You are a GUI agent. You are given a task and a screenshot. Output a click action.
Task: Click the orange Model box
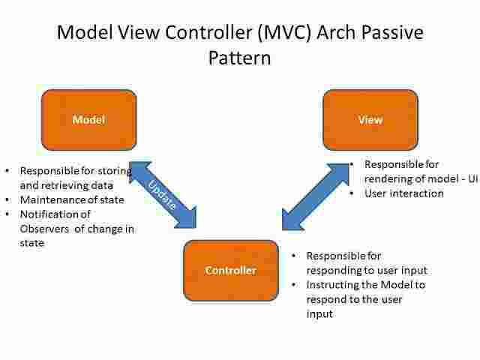tap(88, 119)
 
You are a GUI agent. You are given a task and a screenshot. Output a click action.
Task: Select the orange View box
tap(370, 119)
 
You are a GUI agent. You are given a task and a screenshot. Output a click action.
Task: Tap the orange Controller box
tap(230, 270)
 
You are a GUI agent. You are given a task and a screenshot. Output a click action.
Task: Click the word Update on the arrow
tap(162, 194)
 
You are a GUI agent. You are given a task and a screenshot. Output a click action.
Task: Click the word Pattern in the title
tap(239, 58)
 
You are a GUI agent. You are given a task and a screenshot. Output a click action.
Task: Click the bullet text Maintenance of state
tap(72, 199)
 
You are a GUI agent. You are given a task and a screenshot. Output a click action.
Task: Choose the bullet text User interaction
tap(403, 193)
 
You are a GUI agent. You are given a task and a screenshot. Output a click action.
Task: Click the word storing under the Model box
tap(114, 170)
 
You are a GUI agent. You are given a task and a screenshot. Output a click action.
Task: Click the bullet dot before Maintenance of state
tap(7, 199)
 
